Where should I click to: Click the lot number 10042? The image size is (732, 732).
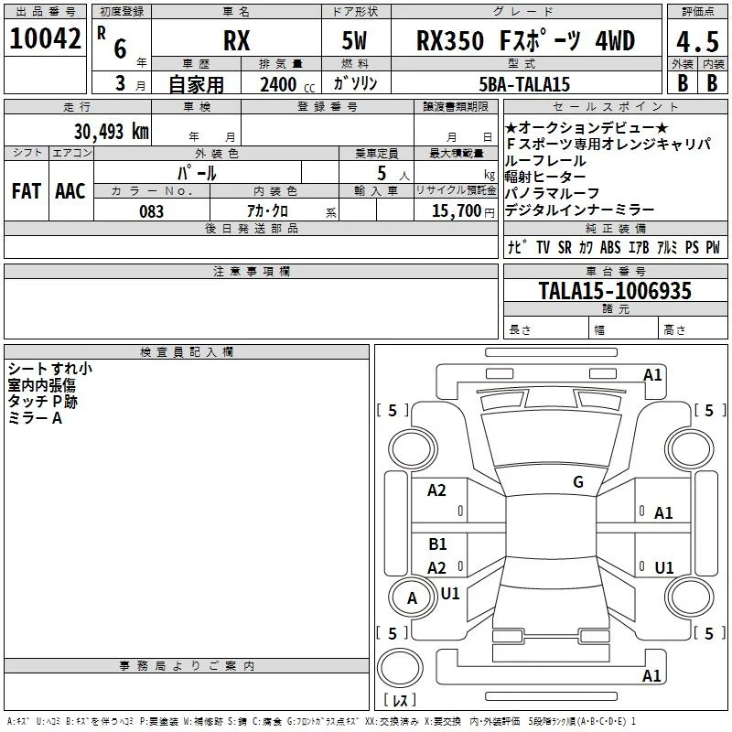tap(45, 38)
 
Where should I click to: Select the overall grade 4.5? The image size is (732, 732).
tap(697, 42)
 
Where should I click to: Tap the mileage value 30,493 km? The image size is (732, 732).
tap(111, 131)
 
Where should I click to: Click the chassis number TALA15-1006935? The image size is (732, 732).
tap(615, 290)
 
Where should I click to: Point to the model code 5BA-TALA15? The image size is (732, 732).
tap(524, 84)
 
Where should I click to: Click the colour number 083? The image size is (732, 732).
tap(151, 211)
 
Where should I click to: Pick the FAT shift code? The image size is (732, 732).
tap(27, 191)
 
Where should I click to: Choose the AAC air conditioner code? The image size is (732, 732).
tap(70, 191)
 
